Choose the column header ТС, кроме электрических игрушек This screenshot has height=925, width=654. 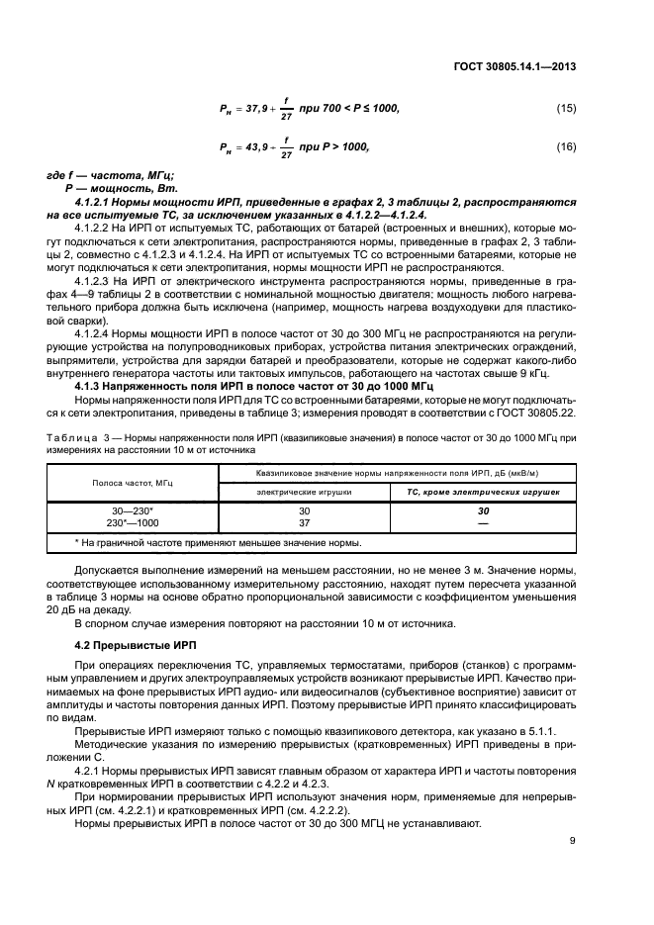point(484,490)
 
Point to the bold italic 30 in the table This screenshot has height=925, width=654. point(484,510)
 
